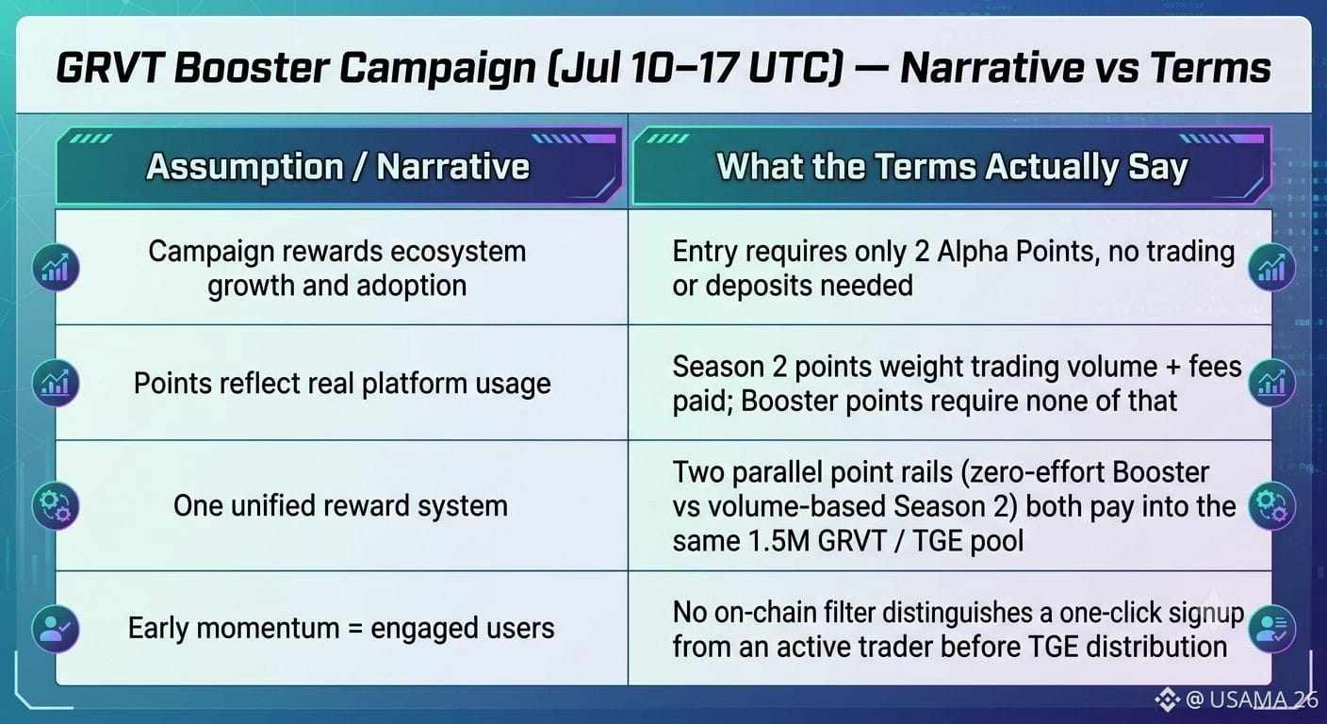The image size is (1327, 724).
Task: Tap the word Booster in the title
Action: (253, 68)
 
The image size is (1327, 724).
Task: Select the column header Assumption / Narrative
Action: (337, 167)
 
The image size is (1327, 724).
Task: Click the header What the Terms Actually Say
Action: (952, 167)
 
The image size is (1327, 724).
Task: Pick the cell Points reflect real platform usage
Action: (342, 384)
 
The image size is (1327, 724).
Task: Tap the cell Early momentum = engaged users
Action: (341, 628)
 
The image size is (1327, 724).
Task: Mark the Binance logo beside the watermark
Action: (1167, 699)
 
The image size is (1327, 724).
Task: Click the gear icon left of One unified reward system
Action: (56, 506)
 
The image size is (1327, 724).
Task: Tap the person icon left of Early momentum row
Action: (56, 629)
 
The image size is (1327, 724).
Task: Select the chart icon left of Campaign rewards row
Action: (56, 267)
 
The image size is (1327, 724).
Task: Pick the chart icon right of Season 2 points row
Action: (1271, 383)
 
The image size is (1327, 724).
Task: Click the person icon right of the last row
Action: (1271, 629)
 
